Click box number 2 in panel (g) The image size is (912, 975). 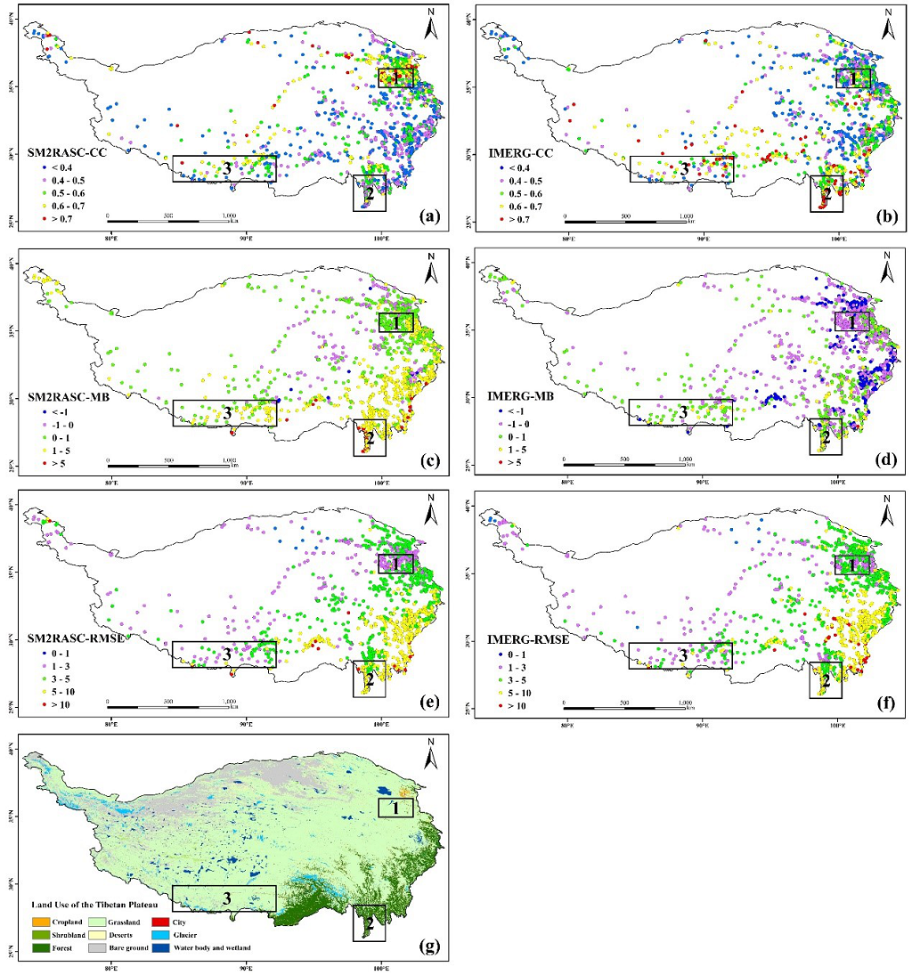[369, 922]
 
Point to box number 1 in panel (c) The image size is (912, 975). [396, 322]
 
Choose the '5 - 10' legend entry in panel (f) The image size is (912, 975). [504, 693]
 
